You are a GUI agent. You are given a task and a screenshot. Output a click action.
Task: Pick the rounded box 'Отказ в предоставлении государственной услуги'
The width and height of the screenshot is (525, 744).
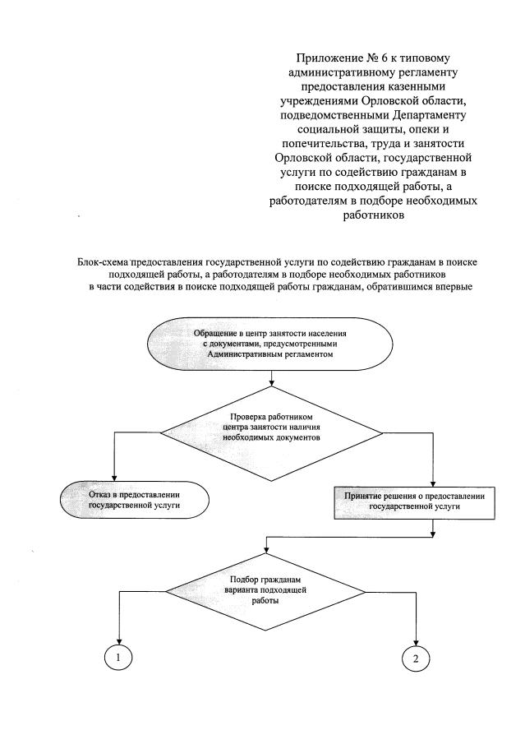[x=134, y=500]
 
